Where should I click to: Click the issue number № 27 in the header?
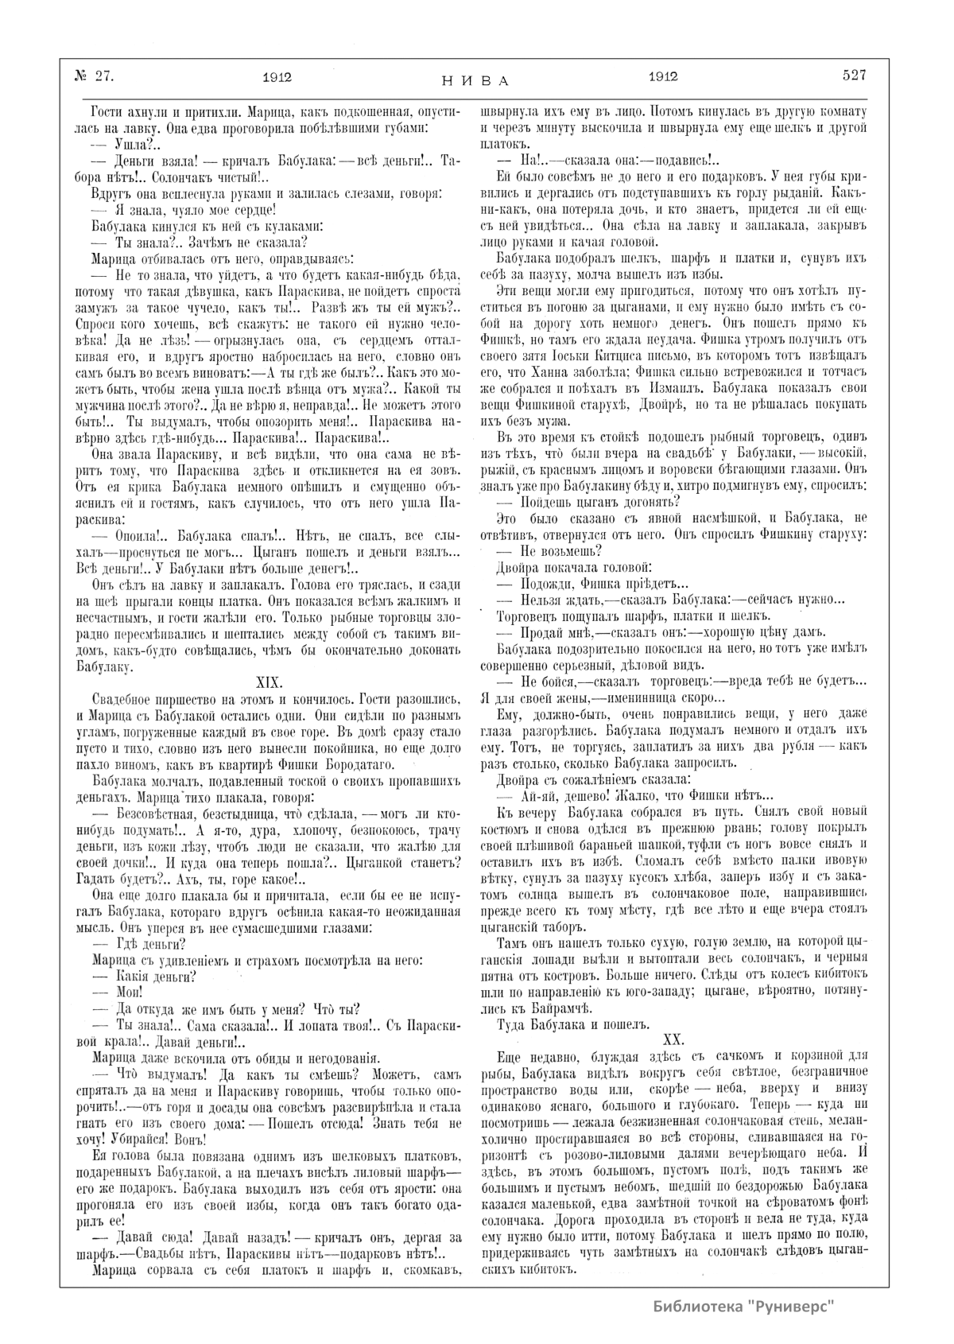[x=95, y=76]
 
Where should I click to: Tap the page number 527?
[x=855, y=76]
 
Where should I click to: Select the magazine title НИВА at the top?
[x=475, y=80]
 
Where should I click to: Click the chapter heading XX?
[x=673, y=1038]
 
